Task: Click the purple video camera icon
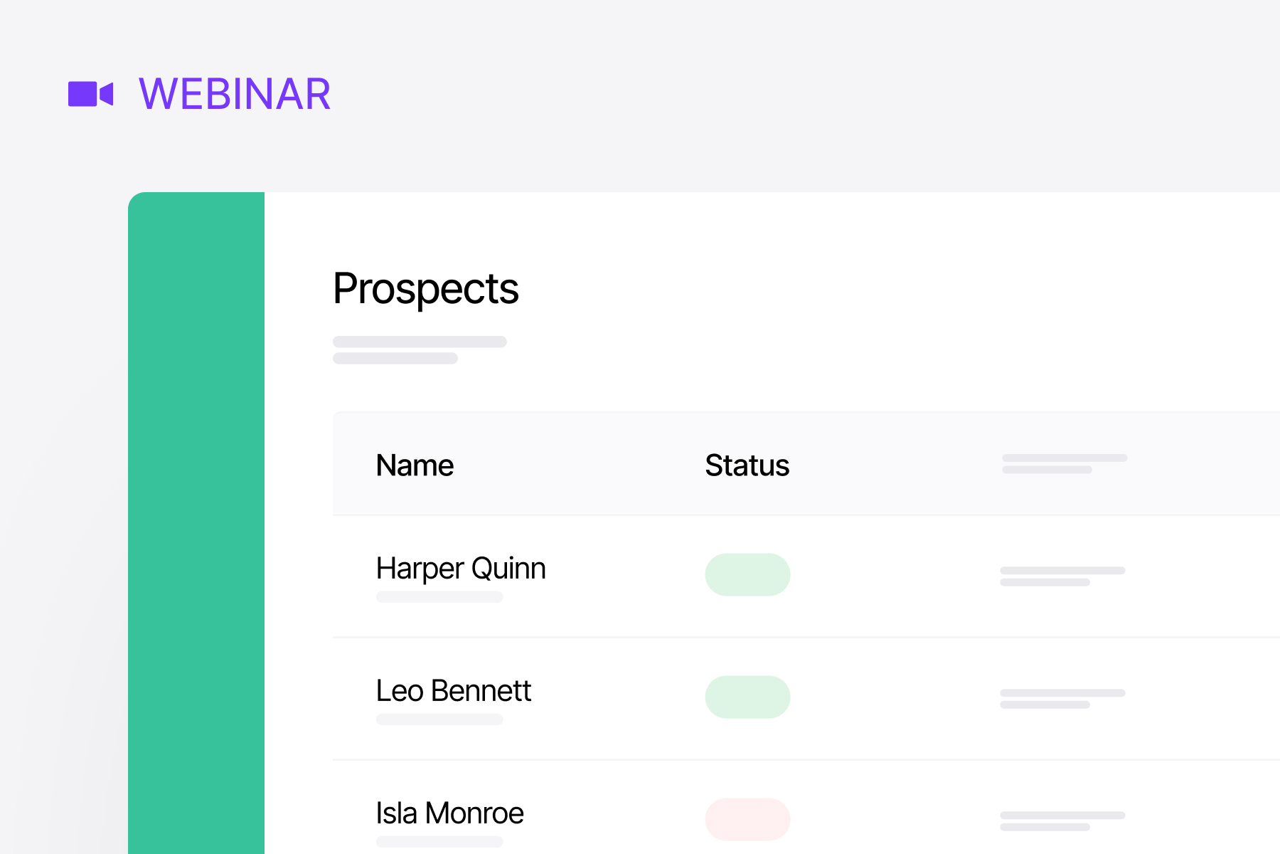(90, 94)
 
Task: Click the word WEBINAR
(235, 94)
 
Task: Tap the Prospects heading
(425, 288)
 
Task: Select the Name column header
(415, 465)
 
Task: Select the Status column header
(747, 465)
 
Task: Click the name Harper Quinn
(461, 569)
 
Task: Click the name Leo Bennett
(453, 691)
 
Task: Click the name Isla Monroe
(449, 813)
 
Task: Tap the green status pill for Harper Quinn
(747, 574)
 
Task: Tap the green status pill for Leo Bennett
(747, 697)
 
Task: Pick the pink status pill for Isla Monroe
(747, 819)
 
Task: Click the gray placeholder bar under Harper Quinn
(439, 597)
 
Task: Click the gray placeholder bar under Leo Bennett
(439, 719)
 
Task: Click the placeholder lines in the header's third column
(1064, 463)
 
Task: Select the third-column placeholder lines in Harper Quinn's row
(1062, 576)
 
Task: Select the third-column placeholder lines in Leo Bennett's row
(1062, 698)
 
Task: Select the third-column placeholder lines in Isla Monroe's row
(1062, 821)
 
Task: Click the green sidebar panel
(196, 523)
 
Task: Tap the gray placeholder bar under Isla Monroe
(439, 842)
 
